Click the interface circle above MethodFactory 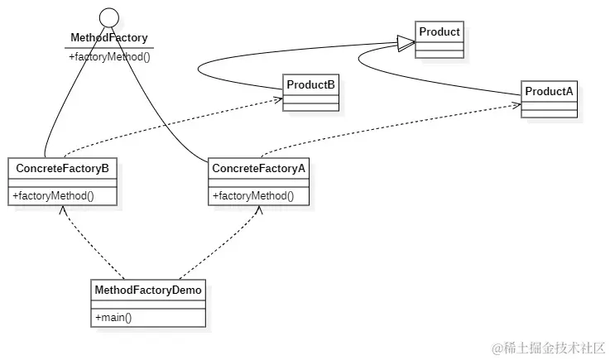110,17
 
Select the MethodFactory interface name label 109,37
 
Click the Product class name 439,32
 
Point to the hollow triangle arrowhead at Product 406,44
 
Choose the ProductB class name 310,84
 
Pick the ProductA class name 549,90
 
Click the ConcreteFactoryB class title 62,168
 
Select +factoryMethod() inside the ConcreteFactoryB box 53,196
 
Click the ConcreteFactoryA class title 259,168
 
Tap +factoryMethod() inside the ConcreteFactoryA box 253,196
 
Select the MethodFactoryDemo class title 148,290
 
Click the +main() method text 114,318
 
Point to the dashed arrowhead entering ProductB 278,99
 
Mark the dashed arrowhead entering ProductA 516,105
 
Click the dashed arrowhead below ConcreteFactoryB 62,209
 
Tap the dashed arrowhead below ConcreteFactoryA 258,209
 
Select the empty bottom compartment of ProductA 549,113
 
